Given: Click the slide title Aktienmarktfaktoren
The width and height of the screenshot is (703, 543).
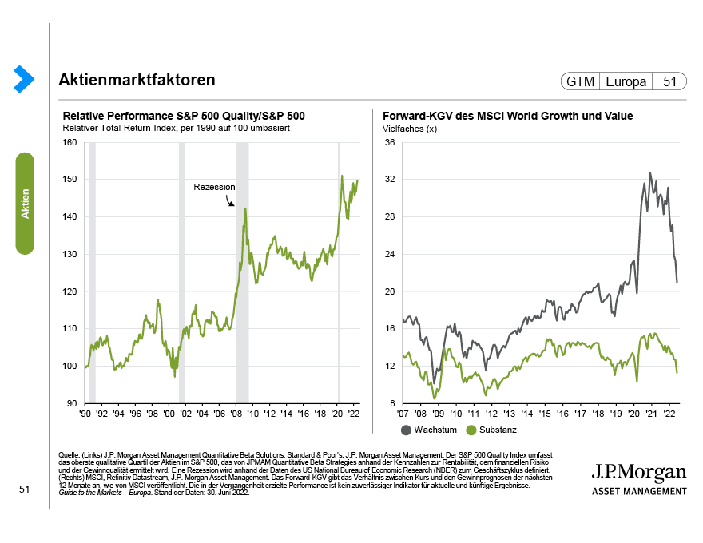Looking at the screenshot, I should pyautogui.click(x=137, y=81).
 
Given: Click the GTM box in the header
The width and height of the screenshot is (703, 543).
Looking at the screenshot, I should pyautogui.click(x=580, y=81).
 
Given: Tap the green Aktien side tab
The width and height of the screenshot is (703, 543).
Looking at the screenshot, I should pyautogui.click(x=25, y=204).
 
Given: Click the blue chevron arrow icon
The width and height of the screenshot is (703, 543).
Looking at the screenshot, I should pyautogui.click(x=24, y=78).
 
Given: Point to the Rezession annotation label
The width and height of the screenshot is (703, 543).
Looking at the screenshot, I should pyautogui.click(x=214, y=187).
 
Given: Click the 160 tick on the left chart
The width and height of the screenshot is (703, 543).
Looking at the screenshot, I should pyautogui.click(x=70, y=143).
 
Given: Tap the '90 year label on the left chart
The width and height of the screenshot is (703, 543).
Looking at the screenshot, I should pyautogui.click(x=84, y=415).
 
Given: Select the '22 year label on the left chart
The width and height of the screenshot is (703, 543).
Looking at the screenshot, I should pyautogui.click(x=352, y=415).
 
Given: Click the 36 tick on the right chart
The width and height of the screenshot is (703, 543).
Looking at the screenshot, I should pyautogui.click(x=390, y=143).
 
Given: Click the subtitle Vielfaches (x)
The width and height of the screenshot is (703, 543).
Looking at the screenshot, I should pyautogui.click(x=410, y=129).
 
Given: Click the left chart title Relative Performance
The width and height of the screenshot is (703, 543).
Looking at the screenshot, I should pyautogui.click(x=184, y=116).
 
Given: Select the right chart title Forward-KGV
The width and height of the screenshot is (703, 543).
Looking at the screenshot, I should pyautogui.click(x=508, y=116).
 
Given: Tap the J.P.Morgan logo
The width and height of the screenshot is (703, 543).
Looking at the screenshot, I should pyautogui.click(x=638, y=477).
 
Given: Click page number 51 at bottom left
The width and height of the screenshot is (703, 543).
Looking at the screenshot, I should pyautogui.click(x=24, y=489).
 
